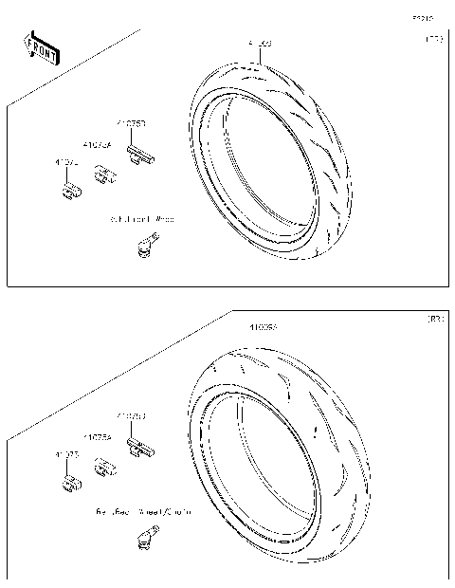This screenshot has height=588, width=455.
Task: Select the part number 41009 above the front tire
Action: click(x=260, y=45)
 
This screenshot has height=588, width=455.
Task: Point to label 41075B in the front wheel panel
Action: click(x=131, y=123)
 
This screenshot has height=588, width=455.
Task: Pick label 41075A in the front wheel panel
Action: click(x=97, y=145)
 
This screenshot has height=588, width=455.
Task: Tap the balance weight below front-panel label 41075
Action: click(x=69, y=191)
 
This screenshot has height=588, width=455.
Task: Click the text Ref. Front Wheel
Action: click(x=142, y=219)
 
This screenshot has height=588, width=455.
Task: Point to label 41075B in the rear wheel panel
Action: click(x=131, y=415)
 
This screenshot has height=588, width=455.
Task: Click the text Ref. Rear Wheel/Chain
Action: click(x=142, y=511)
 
